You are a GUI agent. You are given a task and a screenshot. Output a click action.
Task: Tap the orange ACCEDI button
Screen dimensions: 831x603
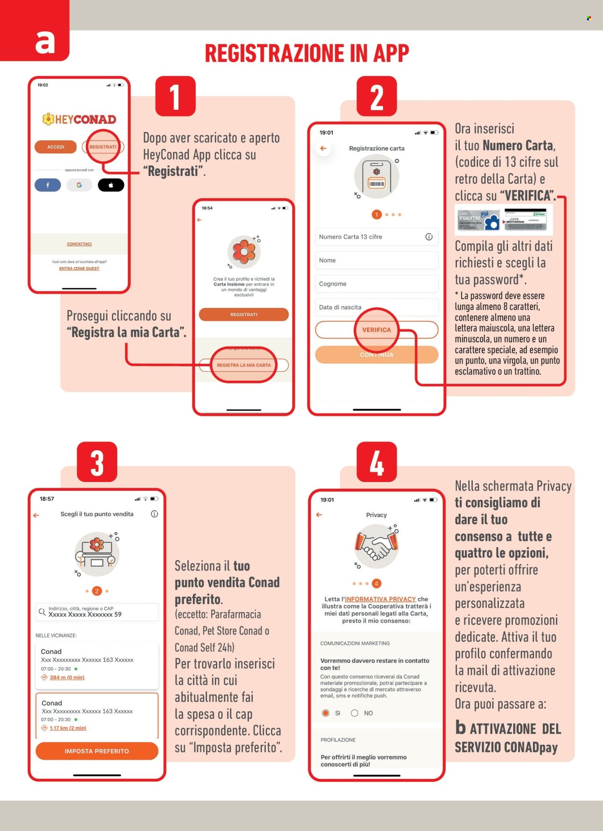coord(55,147)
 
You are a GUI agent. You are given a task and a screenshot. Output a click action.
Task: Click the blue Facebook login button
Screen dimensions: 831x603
coord(48,185)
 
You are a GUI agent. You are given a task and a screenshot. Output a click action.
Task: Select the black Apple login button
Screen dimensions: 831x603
coord(111,185)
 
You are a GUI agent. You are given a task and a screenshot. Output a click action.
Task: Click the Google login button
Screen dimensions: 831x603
coord(79,185)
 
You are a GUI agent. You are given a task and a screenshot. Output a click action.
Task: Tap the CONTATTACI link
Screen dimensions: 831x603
coord(79,244)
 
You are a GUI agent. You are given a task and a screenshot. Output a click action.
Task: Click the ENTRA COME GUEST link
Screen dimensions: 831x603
coord(79,268)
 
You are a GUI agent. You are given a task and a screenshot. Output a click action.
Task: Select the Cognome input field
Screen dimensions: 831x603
coord(376,284)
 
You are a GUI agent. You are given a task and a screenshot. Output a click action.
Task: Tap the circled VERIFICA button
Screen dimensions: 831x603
coord(376,330)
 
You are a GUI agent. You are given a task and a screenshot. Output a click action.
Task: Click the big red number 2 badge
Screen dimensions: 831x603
coord(377,96)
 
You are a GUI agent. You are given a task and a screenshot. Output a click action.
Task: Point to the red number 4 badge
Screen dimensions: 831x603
coord(377,462)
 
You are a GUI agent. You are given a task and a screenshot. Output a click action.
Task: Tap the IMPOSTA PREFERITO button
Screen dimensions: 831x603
coord(97,751)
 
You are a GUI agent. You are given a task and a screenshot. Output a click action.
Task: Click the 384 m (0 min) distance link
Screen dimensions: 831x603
coord(67,677)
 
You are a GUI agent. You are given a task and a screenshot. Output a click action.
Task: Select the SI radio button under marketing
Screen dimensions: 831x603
coord(326,713)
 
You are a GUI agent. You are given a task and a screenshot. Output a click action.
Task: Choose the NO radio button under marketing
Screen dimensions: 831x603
coord(355,713)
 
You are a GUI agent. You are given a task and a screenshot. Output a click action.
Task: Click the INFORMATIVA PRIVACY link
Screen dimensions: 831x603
coord(380,599)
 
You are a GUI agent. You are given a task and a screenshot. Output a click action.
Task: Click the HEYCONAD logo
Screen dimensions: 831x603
coord(79,119)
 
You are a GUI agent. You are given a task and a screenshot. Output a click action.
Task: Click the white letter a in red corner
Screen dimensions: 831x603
coord(45,42)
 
